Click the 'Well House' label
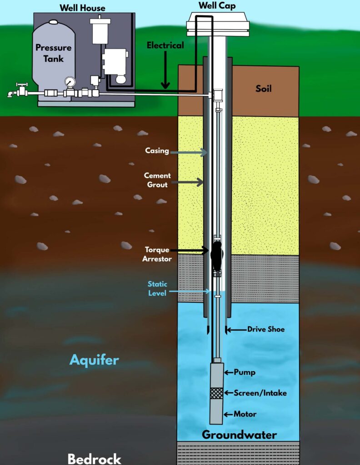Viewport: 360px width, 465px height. point(83,7)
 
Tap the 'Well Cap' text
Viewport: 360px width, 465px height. point(217,5)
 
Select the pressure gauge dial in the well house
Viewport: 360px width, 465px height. point(70,82)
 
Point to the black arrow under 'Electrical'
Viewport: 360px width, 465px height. point(165,70)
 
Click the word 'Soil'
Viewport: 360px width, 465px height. point(264,89)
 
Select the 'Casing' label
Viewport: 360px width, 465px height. point(157,151)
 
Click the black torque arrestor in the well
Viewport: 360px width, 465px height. point(216,256)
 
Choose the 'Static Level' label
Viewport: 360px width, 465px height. point(157,288)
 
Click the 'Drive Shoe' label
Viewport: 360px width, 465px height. point(266,329)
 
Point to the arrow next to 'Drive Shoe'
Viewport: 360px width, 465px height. point(236,330)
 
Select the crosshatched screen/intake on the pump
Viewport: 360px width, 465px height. point(216,393)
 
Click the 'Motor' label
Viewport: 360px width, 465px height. point(245,414)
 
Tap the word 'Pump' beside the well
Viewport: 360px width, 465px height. point(245,372)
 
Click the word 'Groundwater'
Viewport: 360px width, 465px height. point(239,435)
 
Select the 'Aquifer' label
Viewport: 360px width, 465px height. point(94,360)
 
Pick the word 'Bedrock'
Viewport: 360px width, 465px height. point(95,459)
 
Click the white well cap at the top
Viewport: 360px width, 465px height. point(218,24)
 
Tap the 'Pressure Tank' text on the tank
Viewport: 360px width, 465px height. point(54,53)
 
